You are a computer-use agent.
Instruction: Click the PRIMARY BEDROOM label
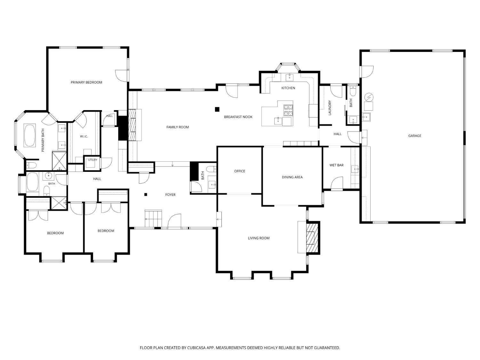86,83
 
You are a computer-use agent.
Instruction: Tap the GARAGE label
415,136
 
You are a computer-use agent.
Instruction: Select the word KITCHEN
288,88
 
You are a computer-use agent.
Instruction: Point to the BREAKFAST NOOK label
238,117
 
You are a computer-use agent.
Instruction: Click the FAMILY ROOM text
178,127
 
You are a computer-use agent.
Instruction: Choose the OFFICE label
240,171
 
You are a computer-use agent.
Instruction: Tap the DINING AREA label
292,177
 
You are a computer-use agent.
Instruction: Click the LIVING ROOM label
259,238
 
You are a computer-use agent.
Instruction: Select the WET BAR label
336,165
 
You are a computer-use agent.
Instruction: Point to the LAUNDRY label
330,108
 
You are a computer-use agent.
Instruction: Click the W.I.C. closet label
84,136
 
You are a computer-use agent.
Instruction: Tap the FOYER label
170,195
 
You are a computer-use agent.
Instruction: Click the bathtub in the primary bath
30,135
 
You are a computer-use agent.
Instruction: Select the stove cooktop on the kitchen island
288,110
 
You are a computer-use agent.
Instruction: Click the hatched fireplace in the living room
310,238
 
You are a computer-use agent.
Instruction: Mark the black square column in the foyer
146,195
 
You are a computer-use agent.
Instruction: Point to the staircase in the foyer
153,218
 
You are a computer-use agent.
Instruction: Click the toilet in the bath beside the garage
353,91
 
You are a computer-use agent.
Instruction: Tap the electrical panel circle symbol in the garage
369,97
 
